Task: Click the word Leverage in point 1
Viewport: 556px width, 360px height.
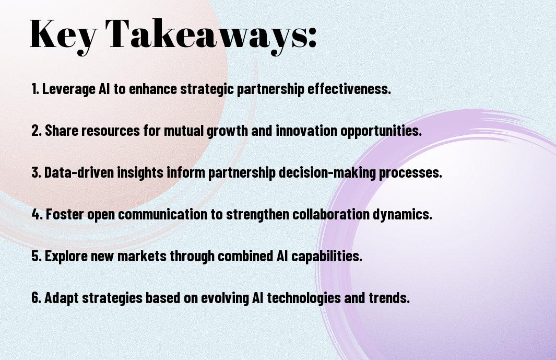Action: (68, 89)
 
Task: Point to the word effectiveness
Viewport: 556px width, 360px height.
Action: (349, 88)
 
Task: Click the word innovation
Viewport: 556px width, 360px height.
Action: (306, 131)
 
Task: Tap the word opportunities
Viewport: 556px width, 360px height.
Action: (381, 131)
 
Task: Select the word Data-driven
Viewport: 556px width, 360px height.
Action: (79, 172)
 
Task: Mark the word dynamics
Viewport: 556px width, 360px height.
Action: (403, 214)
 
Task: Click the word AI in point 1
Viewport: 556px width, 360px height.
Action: (104, 89)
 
